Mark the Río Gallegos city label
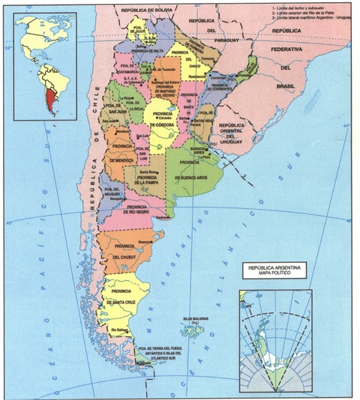pyautogui.click(x=121, y=330)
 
